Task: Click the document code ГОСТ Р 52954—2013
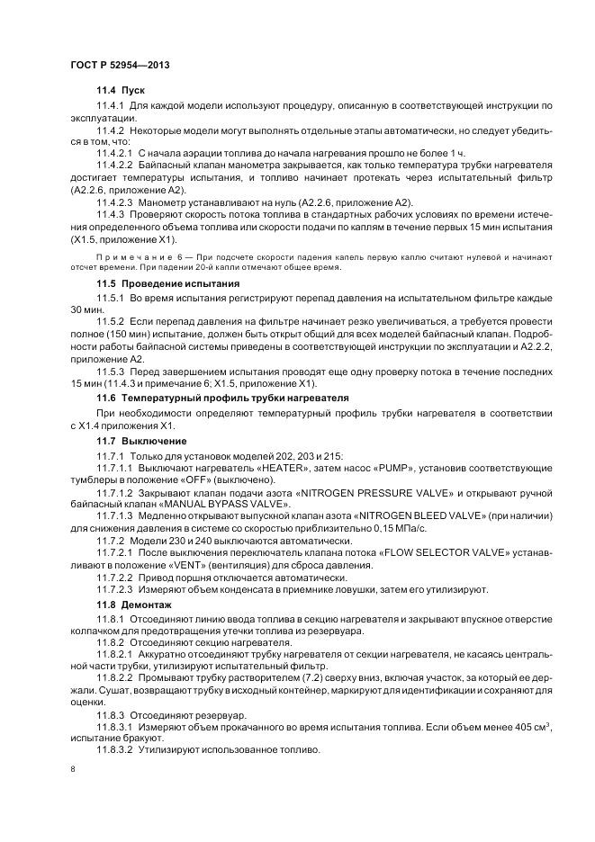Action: (x=120, y=65)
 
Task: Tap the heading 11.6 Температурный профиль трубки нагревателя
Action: (x=222, y=397)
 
